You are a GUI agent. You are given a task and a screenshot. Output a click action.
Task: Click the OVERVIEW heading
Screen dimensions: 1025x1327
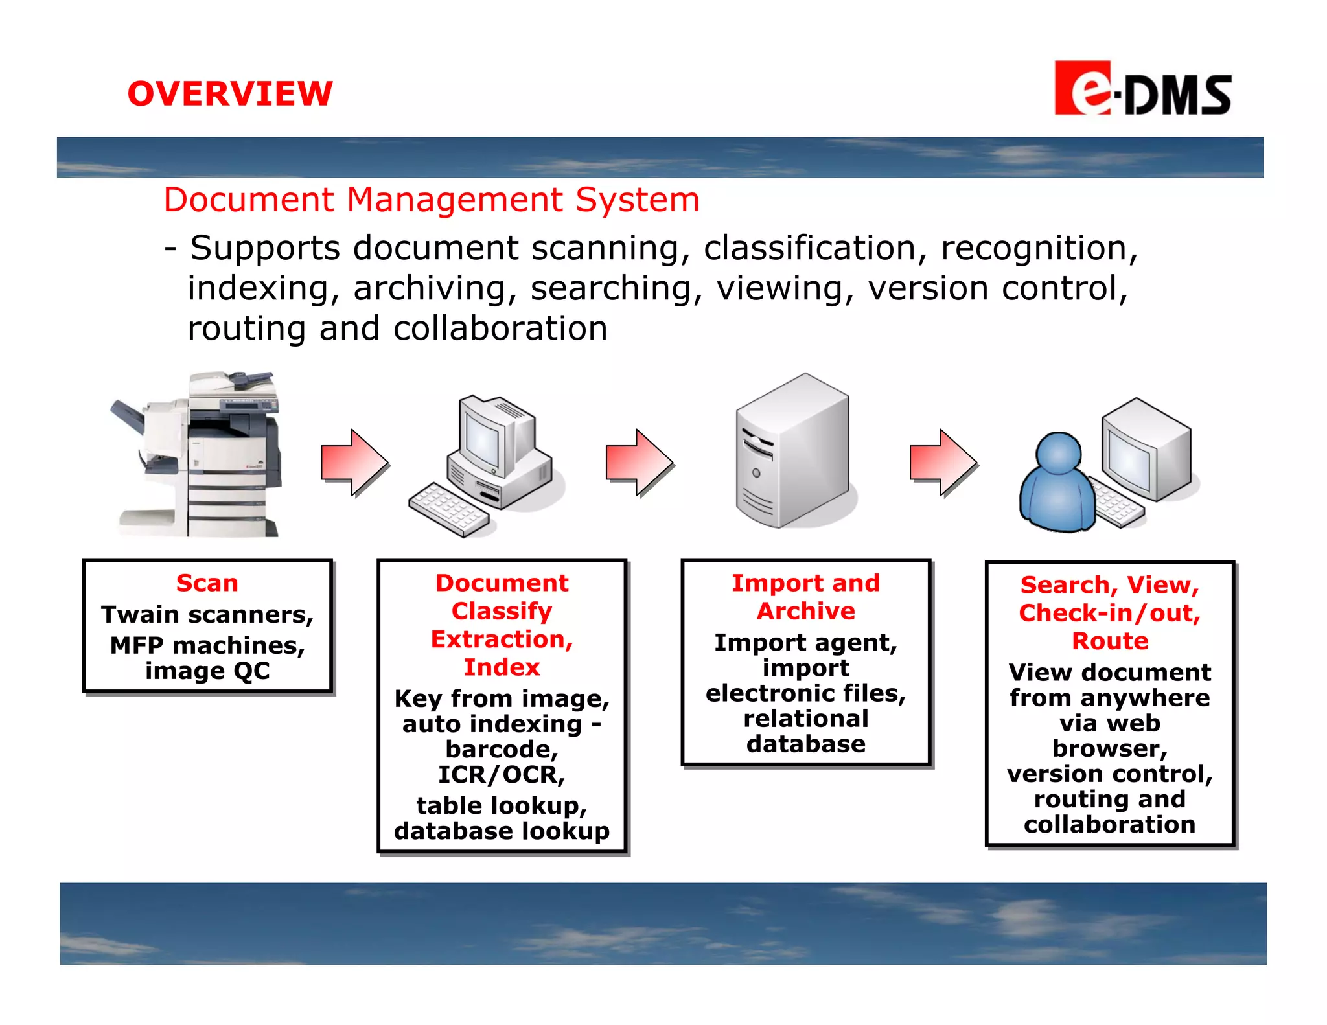(230, 94)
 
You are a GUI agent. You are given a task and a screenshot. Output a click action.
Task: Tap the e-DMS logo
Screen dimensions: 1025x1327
(1142, 89)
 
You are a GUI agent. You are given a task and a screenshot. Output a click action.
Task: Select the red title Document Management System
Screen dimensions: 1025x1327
(432, 200)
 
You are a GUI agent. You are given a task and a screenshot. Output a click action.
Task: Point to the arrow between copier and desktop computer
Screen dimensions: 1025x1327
(354, 463)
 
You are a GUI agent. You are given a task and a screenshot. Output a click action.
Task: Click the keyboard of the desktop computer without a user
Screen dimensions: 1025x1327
(448, 510)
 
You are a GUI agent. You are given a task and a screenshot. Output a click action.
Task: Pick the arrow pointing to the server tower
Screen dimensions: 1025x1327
(640, 463)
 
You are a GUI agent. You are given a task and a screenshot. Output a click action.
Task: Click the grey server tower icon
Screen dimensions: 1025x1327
(792, 452)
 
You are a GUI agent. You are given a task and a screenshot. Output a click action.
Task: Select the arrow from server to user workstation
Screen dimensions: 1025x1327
(943, 463)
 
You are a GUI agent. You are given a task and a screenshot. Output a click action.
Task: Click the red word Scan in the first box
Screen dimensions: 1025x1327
(207, 583)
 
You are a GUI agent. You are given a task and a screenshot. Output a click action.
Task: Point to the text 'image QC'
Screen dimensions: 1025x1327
(207, 671)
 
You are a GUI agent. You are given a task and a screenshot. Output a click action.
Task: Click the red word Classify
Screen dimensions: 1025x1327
(502, 611)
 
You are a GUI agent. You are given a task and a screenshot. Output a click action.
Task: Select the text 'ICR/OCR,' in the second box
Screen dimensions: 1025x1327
(502, 775)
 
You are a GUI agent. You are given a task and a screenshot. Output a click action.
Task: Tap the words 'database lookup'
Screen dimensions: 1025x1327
(502, 831)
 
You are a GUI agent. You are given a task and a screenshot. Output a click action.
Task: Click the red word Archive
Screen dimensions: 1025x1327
(806, 611)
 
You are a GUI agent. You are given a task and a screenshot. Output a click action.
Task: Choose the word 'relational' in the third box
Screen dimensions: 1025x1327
(806, 719)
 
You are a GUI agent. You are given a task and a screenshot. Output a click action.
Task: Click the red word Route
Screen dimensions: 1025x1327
(1110, 641)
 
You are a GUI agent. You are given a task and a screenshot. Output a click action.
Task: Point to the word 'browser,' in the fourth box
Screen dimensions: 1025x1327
(1110, 748)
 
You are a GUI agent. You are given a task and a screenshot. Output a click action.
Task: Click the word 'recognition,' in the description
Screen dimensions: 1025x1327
(1039, 248)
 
